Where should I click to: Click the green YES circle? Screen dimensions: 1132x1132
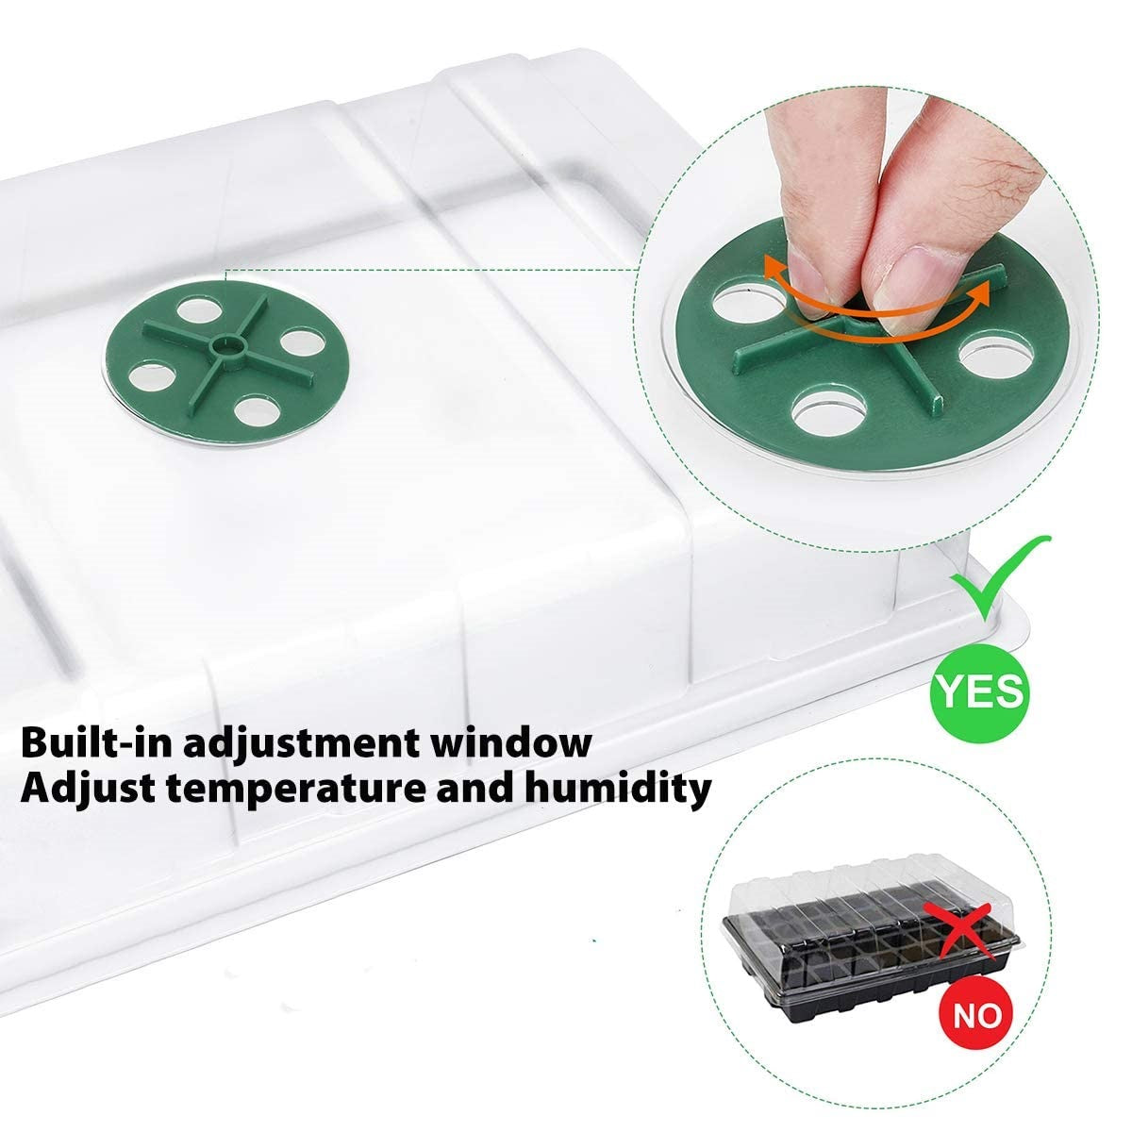979,691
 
